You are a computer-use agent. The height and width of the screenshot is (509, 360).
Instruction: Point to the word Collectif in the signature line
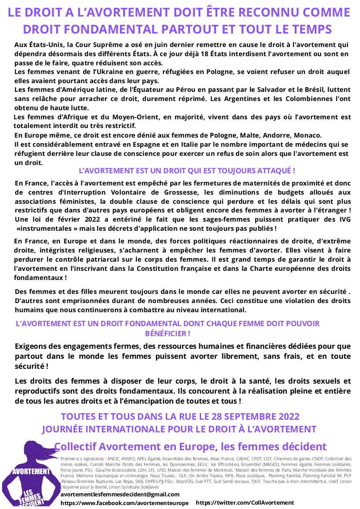(76, 446)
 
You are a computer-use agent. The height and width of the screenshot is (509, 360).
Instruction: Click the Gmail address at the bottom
(120, 495)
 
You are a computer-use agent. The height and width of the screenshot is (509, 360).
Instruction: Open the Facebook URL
(124, 503)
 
